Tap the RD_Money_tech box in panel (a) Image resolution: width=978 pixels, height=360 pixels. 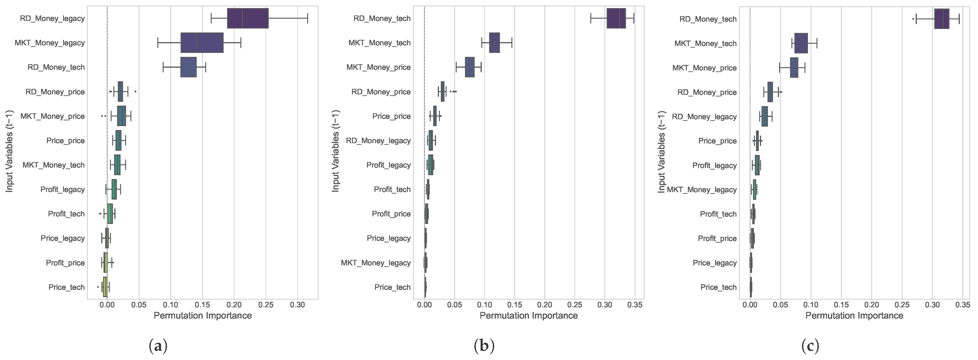[x=188, y=67]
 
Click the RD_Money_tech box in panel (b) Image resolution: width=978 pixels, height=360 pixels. [x=616, y=18]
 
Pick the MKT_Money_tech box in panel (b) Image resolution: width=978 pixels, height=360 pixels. [x=494, y=43]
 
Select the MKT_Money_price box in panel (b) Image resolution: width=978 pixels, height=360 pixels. [x=470, y=67]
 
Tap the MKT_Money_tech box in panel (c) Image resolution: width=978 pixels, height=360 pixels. [x=801, y=43]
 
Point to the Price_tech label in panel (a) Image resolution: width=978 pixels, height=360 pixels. [x=66, y=287]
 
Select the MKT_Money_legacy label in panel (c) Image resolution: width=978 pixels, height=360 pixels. [x=702, y=189]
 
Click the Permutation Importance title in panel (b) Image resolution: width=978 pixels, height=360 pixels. [x=529, y=316]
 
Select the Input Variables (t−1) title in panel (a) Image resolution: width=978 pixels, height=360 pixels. [x=9, y=151]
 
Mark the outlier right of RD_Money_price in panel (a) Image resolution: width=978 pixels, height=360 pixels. [x=136, y=92]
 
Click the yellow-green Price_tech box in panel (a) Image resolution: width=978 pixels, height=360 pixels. [x=105, y=287]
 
